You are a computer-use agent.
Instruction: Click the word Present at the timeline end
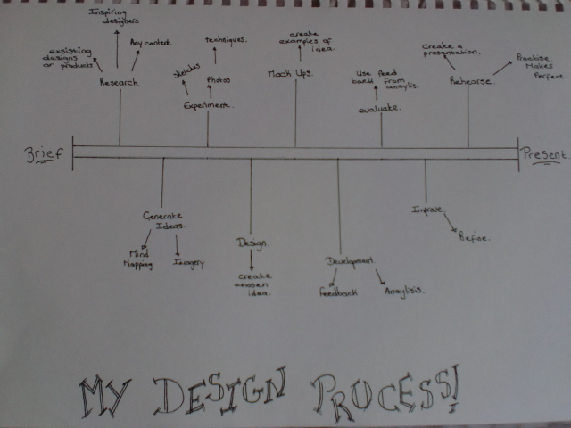tap(543, 154)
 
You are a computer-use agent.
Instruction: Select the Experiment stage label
tap(207, 105)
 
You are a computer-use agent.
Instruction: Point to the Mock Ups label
tap(290, 72)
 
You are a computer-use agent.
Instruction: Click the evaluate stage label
tap(379, 108)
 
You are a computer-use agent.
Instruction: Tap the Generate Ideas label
tap(163, 220)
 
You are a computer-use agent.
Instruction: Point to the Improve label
tap(426, 210)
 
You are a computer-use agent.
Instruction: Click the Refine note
tap(473, 237)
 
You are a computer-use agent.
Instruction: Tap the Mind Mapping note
tap(137, 258)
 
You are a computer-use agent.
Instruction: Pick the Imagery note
tap(189, 262)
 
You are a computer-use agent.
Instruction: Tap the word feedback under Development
tap(338, 292)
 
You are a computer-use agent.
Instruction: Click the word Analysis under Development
tap(403, 291)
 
